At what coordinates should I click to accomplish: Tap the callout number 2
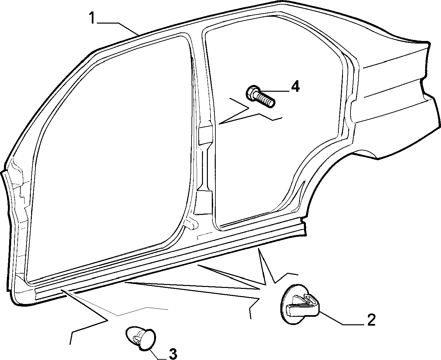(371, 320)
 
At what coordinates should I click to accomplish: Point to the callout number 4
(295, 86)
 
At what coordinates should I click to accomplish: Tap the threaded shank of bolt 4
(266, 100)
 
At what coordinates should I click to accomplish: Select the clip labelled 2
(300, 304)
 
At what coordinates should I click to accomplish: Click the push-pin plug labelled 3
(141, 339)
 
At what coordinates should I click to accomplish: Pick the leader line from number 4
(274, 91)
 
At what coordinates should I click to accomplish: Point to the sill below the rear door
(259, 232)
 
